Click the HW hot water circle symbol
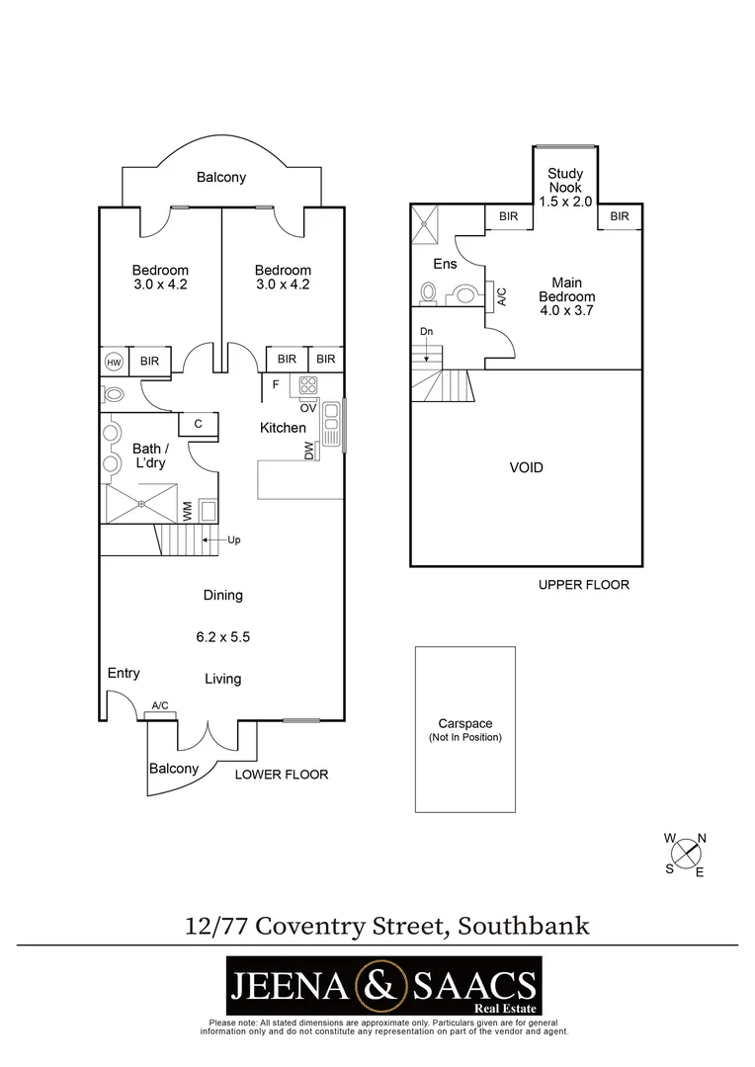pos(113,362)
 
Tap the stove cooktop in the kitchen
pos(308,386)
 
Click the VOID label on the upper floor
pos(526,467)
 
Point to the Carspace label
pos(464,723)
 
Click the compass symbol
pos(686,855)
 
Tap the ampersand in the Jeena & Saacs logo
pos(381,984)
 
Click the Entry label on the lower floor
pos(124,673)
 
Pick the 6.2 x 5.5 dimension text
pos(223,637)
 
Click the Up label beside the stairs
pos(234,540)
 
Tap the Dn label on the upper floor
pos(426,331)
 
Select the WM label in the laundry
pos(187,511)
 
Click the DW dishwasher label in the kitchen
pos(309,451)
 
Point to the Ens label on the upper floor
pos(444,264)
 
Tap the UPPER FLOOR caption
pos(583,585)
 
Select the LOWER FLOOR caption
pos(282,775)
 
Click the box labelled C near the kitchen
pos(198,424)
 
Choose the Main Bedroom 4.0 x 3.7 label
pos(566,296)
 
